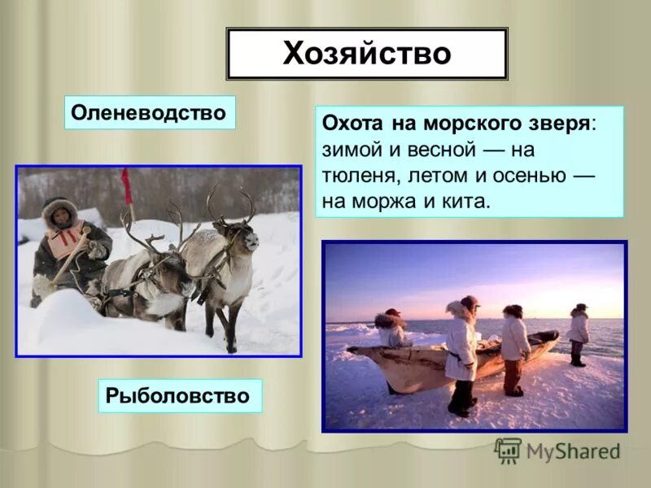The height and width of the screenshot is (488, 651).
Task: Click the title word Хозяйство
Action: coord(366,54)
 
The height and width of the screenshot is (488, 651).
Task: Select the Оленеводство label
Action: coord(149,112)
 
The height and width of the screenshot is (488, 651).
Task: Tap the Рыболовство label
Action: coord(181,396)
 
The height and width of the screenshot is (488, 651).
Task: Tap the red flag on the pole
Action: coord(126,185)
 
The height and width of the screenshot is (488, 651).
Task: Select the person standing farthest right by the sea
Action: coord(579,333)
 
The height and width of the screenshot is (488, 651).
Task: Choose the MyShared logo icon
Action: coord(508,451)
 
